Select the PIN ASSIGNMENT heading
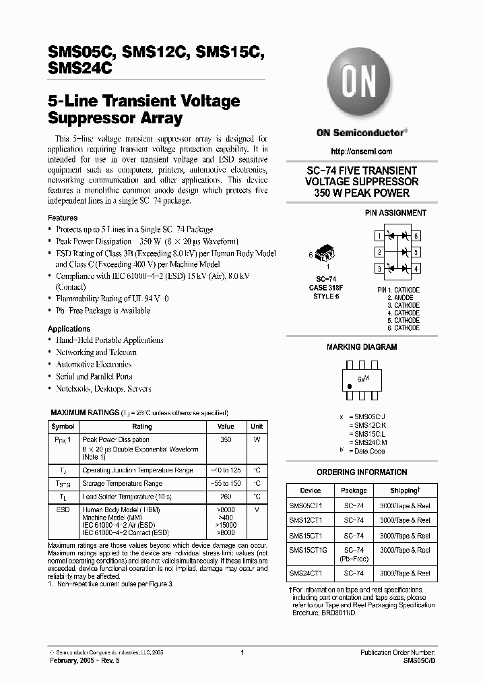pos(395,213)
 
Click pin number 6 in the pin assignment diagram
pos(416,236)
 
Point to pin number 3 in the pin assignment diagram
pos(379,269)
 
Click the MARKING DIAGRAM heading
pos(362,347)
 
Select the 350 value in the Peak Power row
pos(226,439)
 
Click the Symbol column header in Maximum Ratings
pos(63,427)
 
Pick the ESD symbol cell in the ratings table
pos(63,511)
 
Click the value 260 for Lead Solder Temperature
pos(226,497)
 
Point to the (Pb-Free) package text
pos(354,559)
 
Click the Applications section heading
pos(69,328)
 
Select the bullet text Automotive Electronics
pos(94,365)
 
